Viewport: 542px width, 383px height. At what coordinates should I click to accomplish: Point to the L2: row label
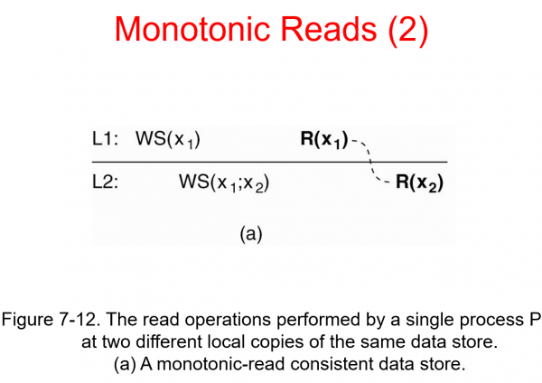click(x=107, y=182)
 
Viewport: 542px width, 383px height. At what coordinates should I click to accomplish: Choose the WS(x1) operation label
click(x=168, y=139)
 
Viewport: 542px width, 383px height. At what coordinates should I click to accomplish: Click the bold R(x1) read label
click(x=324, y=139)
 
